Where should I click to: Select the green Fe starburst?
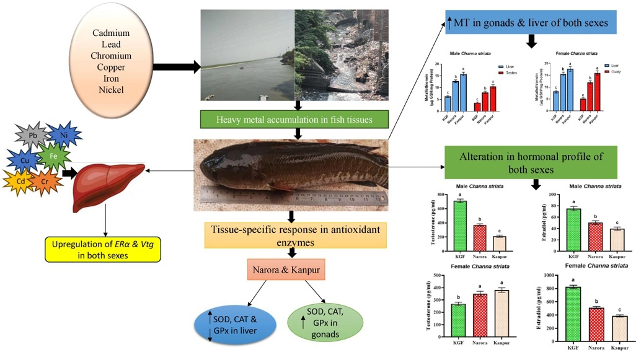pos(55,156)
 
